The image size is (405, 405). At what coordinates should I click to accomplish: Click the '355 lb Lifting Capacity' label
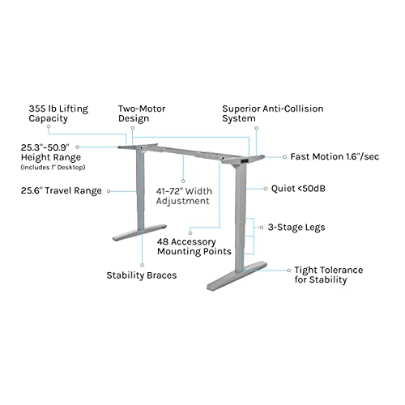pos(58,113)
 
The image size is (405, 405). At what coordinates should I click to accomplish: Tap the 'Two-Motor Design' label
pos(142,113)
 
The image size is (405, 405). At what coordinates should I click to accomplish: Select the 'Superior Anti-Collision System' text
pos(273,113)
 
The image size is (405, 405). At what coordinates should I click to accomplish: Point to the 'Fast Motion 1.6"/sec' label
pos(335,156)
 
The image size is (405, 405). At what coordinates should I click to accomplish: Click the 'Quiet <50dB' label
pos(298,189)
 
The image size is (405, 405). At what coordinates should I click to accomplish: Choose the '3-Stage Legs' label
pos(296,228)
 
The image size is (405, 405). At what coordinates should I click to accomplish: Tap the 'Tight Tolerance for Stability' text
pos(329,275)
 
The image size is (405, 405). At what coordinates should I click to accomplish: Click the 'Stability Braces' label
pos(142,275)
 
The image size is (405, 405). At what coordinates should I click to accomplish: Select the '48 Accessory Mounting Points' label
pos(194,246)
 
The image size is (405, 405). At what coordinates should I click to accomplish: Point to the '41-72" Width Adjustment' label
pos(184,196)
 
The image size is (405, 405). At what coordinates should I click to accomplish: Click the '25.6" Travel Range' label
pos(62,190)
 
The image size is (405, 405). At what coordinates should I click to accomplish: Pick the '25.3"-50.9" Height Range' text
pos(51,152)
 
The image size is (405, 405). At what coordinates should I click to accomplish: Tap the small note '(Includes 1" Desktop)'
pos(53,168)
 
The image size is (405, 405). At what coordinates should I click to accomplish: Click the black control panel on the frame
pos(244,161)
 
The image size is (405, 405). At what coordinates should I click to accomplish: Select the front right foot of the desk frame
pos(237,275)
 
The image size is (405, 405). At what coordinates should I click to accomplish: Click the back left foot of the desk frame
pos(139,232)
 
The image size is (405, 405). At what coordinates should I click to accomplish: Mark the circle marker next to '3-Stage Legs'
pos(262,228)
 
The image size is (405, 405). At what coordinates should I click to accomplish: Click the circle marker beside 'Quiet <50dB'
pos(266,189)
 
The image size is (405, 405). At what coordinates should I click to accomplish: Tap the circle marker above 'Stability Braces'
pos(143,266)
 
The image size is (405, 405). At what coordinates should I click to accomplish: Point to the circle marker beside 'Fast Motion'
pos(284,157)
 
